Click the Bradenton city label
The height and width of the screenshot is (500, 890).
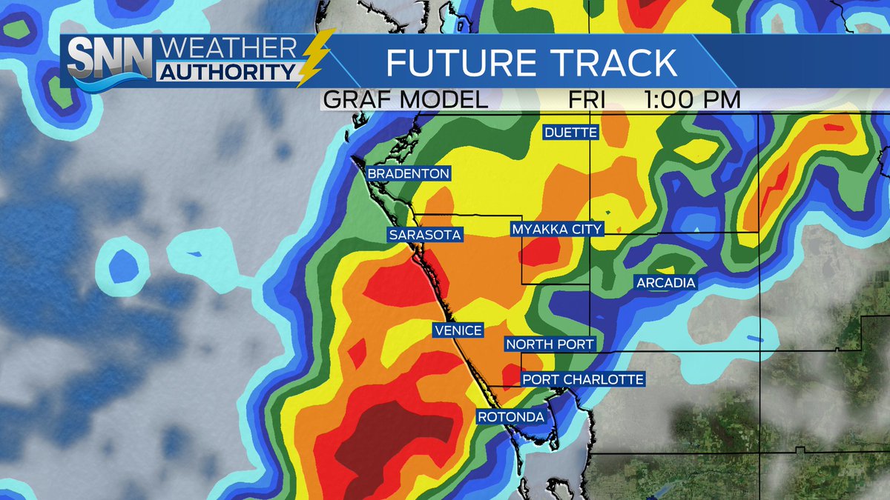click(409, 173)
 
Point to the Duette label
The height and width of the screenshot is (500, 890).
click(571, 133)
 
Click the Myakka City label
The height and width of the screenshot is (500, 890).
click(557, 230)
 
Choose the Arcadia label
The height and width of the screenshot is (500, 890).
click(665, 282)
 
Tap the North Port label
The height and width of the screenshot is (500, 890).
click(550, 344)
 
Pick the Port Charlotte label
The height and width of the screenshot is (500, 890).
click(582, 379)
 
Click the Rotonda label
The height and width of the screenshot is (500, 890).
click(512, 417)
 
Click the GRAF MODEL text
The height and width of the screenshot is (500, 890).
click(404, 100)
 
